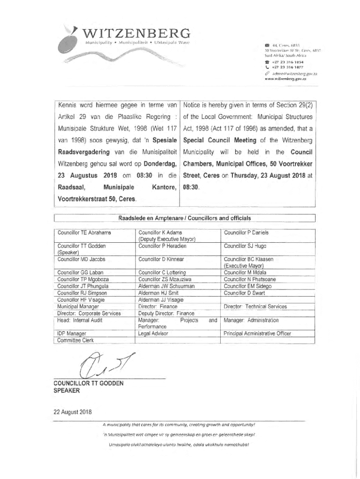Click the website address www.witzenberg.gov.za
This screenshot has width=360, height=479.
tap(285, 79)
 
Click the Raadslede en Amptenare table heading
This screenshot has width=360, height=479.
tap(185, 218)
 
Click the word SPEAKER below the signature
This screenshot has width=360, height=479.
tap(67, 391)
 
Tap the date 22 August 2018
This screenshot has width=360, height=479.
tap(72, 412)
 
